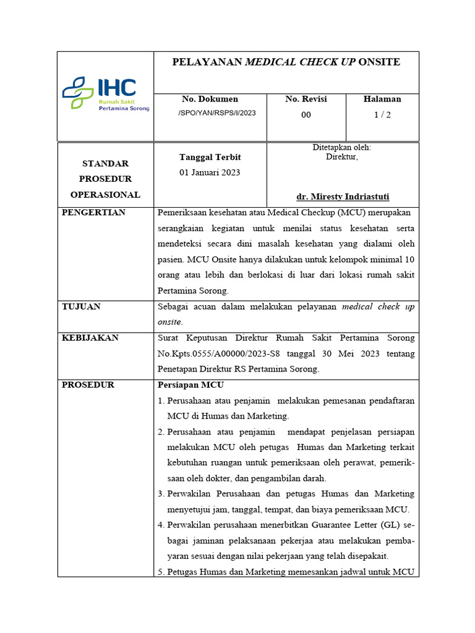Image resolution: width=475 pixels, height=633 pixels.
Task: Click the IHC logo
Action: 105,94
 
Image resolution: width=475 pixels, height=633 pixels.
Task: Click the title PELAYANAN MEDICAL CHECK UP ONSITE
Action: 286,62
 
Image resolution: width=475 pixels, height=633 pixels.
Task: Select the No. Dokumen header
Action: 210,99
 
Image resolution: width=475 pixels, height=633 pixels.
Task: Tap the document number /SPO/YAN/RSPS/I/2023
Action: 216,113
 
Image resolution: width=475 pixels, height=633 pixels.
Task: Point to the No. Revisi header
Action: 306,99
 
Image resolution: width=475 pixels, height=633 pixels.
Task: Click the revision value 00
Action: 306,115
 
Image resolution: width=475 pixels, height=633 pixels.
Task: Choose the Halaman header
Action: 382,99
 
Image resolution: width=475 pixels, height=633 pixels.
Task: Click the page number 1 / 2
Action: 382,115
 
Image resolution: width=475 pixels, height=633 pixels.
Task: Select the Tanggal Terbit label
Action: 210,158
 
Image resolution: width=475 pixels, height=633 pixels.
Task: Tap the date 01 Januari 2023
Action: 210,172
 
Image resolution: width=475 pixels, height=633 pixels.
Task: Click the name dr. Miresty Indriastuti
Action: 343,197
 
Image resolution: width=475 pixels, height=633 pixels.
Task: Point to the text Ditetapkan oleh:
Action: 342,148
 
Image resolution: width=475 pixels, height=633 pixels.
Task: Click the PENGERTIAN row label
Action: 93,213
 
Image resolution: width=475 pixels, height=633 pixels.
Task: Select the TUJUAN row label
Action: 81,307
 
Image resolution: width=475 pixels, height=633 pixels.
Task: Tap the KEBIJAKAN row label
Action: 90,338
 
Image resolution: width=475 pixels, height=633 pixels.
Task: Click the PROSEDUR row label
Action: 88,385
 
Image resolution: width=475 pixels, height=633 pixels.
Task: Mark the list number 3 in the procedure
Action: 160,494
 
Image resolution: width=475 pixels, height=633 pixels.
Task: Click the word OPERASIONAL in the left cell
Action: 105,195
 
